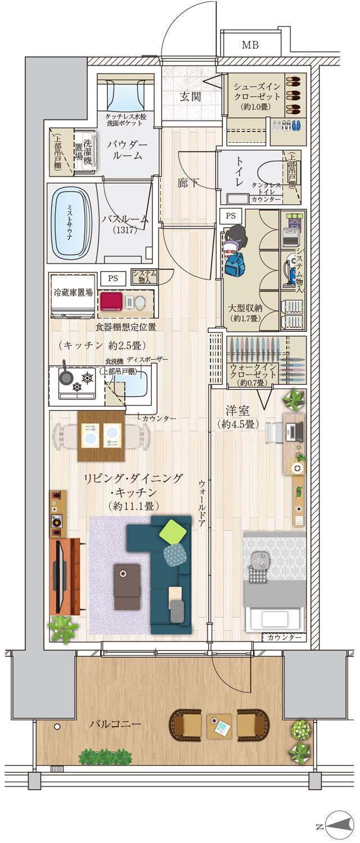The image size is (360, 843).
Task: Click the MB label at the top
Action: pos(250,46)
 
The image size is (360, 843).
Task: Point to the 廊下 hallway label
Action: pos(188,183)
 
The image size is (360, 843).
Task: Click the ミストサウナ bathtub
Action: pos(71,223)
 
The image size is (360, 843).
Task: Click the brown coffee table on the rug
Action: pos(127,587)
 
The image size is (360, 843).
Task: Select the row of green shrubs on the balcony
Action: pos(107,755)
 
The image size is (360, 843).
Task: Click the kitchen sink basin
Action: pos(134,385)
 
